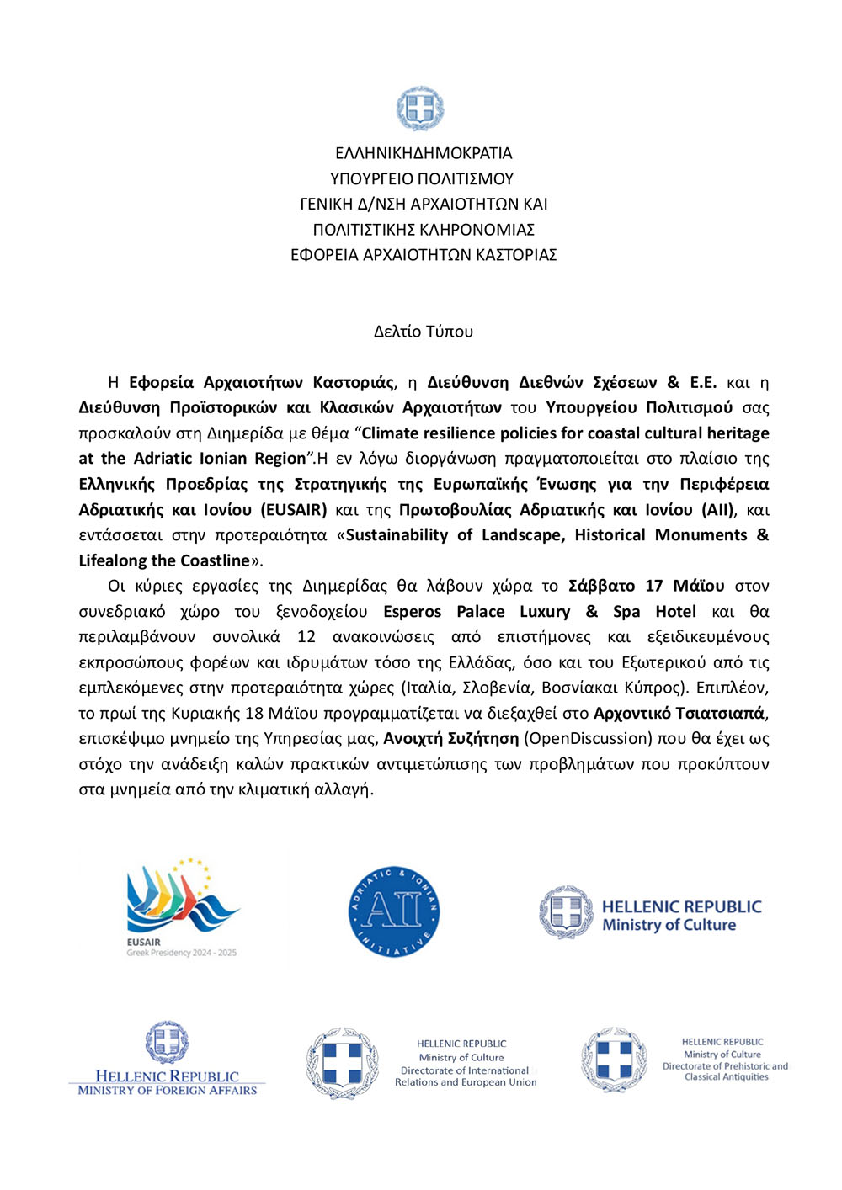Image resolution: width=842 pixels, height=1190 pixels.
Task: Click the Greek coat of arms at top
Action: (420, 109)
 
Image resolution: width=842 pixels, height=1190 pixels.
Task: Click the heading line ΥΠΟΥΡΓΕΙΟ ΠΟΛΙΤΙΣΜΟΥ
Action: (422, 178)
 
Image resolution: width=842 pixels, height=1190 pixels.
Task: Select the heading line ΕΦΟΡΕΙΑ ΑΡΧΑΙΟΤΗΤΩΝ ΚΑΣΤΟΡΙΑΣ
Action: (424, 254)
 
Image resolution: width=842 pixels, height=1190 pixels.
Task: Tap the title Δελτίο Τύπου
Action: (424, 332)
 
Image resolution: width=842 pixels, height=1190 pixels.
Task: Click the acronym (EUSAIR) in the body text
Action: (294, 510)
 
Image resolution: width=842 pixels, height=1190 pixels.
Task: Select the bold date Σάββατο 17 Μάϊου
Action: (646, 586)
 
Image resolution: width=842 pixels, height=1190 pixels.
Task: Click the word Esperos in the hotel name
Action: (412, 612)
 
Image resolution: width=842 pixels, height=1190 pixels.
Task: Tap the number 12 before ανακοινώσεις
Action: (306, 637)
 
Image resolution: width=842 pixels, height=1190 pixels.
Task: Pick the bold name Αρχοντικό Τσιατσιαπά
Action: (679, 714)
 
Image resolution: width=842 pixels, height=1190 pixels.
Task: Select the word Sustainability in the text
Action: (397, 535)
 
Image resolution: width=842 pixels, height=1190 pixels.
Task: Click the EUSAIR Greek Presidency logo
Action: (183, 907)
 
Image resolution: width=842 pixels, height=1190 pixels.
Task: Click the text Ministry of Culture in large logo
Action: (669, 925)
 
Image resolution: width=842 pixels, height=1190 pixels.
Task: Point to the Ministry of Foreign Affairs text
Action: (168, 1090)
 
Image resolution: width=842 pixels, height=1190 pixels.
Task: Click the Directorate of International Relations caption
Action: (465, 1076)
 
